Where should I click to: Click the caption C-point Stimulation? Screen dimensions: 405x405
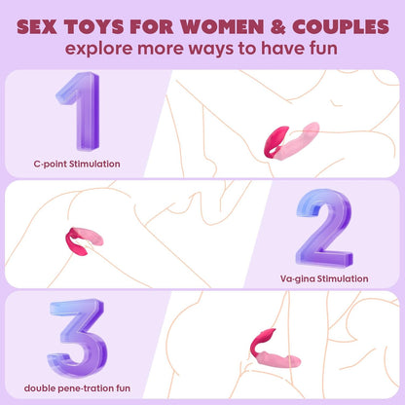77,164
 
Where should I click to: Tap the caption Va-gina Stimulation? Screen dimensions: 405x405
324,278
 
